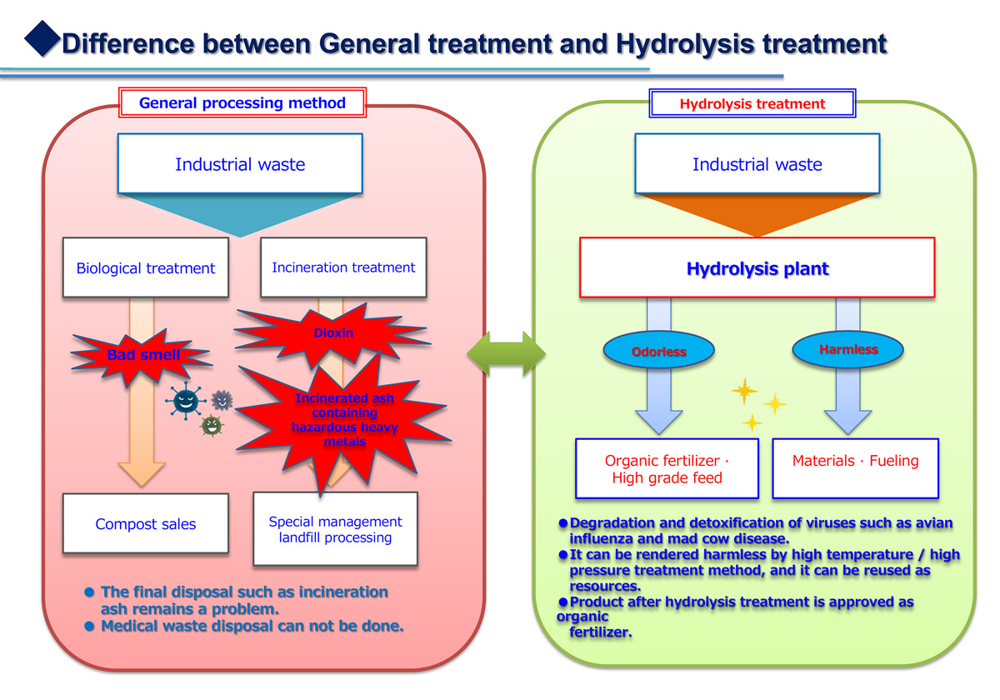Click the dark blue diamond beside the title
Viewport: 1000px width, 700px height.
click(x=42, y=39)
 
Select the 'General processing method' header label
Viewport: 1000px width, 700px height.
click(x=242, y=102)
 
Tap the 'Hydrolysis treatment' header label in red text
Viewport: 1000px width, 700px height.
click(x=752, y=103)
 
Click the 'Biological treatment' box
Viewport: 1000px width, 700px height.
click(x=146, y=267)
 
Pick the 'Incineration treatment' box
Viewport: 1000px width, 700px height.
click(x=343, y=267)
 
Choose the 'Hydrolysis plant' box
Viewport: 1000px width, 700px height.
click(x=757, y=267)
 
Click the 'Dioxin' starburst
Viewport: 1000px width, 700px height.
click(x=332, y=334)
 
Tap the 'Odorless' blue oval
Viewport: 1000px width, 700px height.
click(x=659, y=351)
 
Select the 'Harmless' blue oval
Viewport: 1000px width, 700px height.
click(x=848, y=349)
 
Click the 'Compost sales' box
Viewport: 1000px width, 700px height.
click(x=146, y=523)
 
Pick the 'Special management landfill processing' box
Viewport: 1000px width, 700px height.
click(x=335, y=529)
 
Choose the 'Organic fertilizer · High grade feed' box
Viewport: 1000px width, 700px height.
click(x=667, y=468)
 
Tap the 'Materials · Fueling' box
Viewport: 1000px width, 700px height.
click(x=855, y=468)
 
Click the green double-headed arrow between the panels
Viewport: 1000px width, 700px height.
click(x=507, y=353)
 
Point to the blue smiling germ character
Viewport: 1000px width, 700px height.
click(x=186, y=401)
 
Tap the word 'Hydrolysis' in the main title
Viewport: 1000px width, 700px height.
click(x=685, y=45)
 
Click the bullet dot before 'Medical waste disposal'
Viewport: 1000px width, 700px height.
click(x=89, y=627)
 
